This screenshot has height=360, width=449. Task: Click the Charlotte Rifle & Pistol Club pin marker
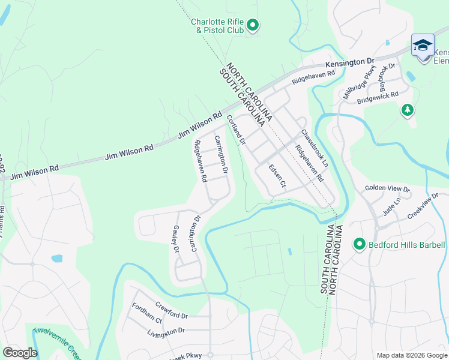coord(253,25)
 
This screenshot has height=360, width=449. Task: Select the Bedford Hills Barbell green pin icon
coord(360,244)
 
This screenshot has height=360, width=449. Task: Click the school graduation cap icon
coord(423,46)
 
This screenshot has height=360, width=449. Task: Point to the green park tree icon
coord(407,110)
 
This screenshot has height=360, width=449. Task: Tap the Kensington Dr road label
coord(349,62)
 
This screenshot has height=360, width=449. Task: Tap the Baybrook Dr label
coord(385,75)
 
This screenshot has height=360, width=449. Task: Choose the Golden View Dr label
coord(387,188)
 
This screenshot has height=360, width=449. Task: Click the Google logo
coord(20,352)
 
